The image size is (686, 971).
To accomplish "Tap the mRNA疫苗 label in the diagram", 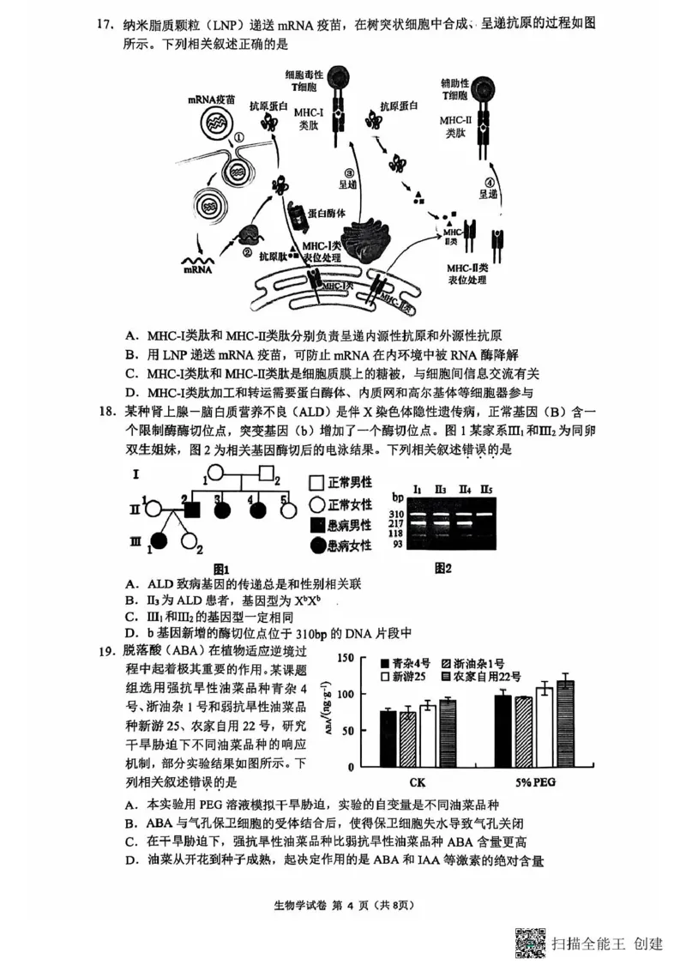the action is (x=210, y=100).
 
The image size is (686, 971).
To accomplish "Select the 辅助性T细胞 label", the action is (x=454, y=87).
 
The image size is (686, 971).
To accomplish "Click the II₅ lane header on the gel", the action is (x=486, y=490).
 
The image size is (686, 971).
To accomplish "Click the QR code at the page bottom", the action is (x=530, y=944).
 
